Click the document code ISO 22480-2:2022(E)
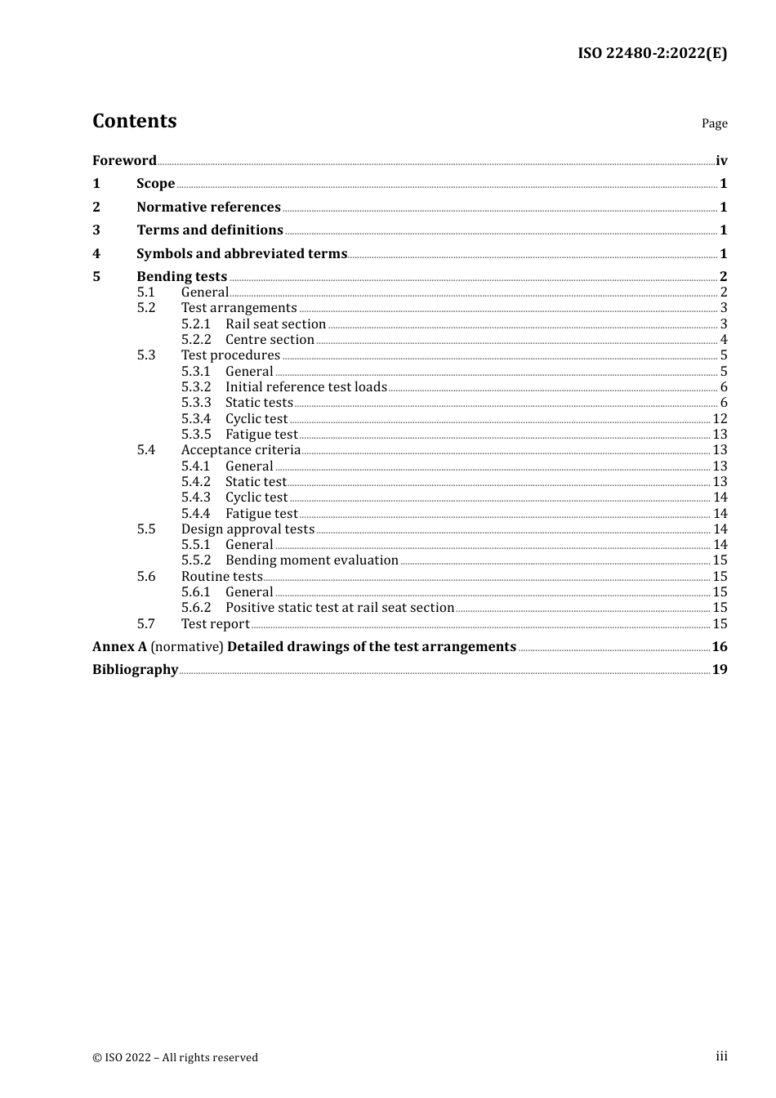pyautogui.click(x=652, y=53)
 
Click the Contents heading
pyautogui.click(x=134, y=121)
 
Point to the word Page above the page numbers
pyautogui.click(x=714, y=123)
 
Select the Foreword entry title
pyautogui.click(x=124, y=160)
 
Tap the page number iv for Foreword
pyautogui.click(x=721, y=160)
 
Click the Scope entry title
pyautogui.click(x=155, y=184)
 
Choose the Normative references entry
pyautogui.click(x=208, y=208)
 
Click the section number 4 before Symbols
pyautogui.click(x=96, y=254)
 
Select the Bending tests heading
pyautogui.click(x=181, y=277)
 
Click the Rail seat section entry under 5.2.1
pyautogui.click(x=275, y=324)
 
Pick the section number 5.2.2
pyautogui.click(x=196, y=340)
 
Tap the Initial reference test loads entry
pyautogui.click(x=305, y=387)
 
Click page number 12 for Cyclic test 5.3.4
pyautogui.click(x=720, y=419)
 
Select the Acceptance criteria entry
pyautogui.click(x=240, y=450)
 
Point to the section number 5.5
pyautogui.click(x=146, y=529)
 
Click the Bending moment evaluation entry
pyautogui.click(x=311, y=560)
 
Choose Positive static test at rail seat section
pyautogui.click(x=339, y=608)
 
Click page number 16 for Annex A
pyautogui.click(x=720, y=647)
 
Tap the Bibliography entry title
pyautogui.click(x=135, y=670)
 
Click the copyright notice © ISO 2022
pyautogui.click(x=175, y=1057)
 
